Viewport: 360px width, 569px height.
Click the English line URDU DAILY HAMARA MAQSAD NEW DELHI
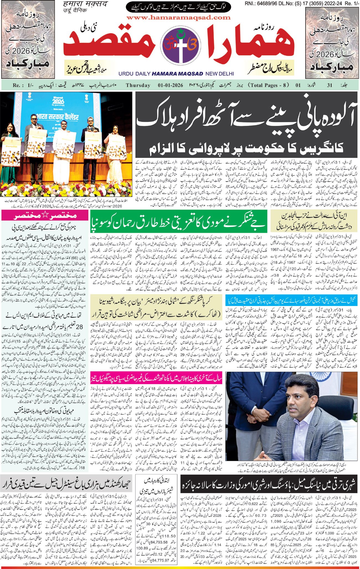(176, 74)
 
